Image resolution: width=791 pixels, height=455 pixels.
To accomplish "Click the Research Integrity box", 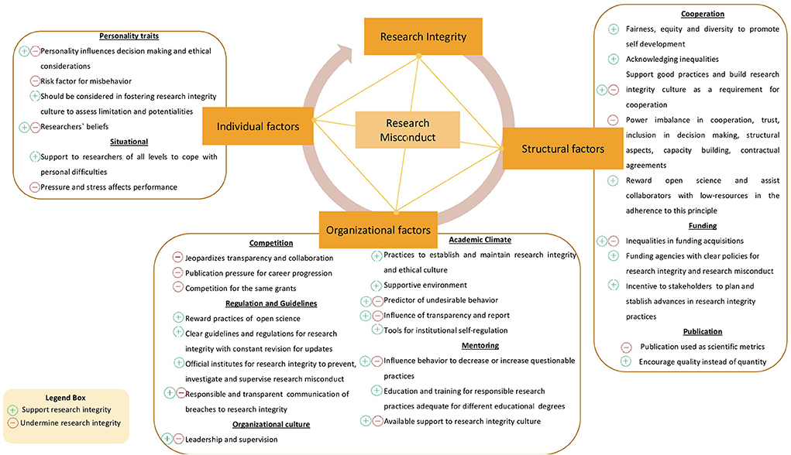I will tap(418, 36).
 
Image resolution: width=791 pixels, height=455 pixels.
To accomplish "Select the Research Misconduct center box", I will tap(408, 129).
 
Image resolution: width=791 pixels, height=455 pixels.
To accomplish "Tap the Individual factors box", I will tap(256, 126).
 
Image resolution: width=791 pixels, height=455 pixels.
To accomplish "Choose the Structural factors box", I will tap(562, 149).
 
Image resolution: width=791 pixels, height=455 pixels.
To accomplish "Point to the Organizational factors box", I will tap(377, 229).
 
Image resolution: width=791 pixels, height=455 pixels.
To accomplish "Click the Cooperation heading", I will tap(702, 14).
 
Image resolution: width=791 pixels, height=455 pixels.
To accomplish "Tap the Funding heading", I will tap(702, 226).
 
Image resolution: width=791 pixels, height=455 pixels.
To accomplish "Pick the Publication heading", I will tap(702, 331).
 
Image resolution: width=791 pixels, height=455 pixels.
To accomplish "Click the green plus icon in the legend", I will tap(12, 409).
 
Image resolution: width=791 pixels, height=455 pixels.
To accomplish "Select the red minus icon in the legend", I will tap(12, 423).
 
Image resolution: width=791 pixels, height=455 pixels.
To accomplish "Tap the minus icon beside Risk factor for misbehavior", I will tap(35, 81).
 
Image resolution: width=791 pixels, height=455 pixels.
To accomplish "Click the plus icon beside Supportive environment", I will tap(377, 286).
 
